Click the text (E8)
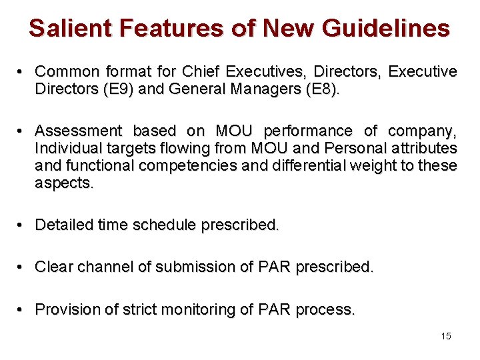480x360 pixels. tap(321, 89)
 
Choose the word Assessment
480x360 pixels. tap(77, 131)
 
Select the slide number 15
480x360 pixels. tap(446, 336)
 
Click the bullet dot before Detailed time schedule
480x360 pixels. tap(22, 225)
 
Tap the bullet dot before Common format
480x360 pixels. tap(22, 71)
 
